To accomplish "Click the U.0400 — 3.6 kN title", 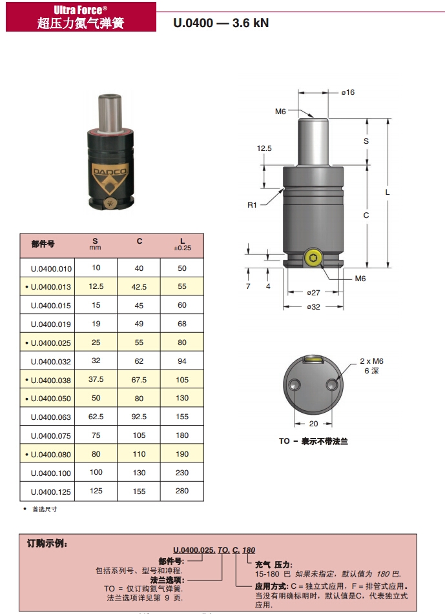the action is click(x=221, y=23).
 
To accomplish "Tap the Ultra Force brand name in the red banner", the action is click(x=80, y=10).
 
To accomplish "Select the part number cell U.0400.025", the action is click(x=51, y=342).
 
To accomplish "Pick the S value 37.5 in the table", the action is click(x=96, y=379).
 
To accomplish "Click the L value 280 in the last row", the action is click(x=182, y=491).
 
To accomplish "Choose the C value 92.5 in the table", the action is click(x=140, y=417).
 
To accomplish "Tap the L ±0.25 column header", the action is click(x=182, y=244).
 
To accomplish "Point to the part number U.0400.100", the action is click(x=51, y=473).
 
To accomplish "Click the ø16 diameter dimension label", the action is click(x=347, y=92).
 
